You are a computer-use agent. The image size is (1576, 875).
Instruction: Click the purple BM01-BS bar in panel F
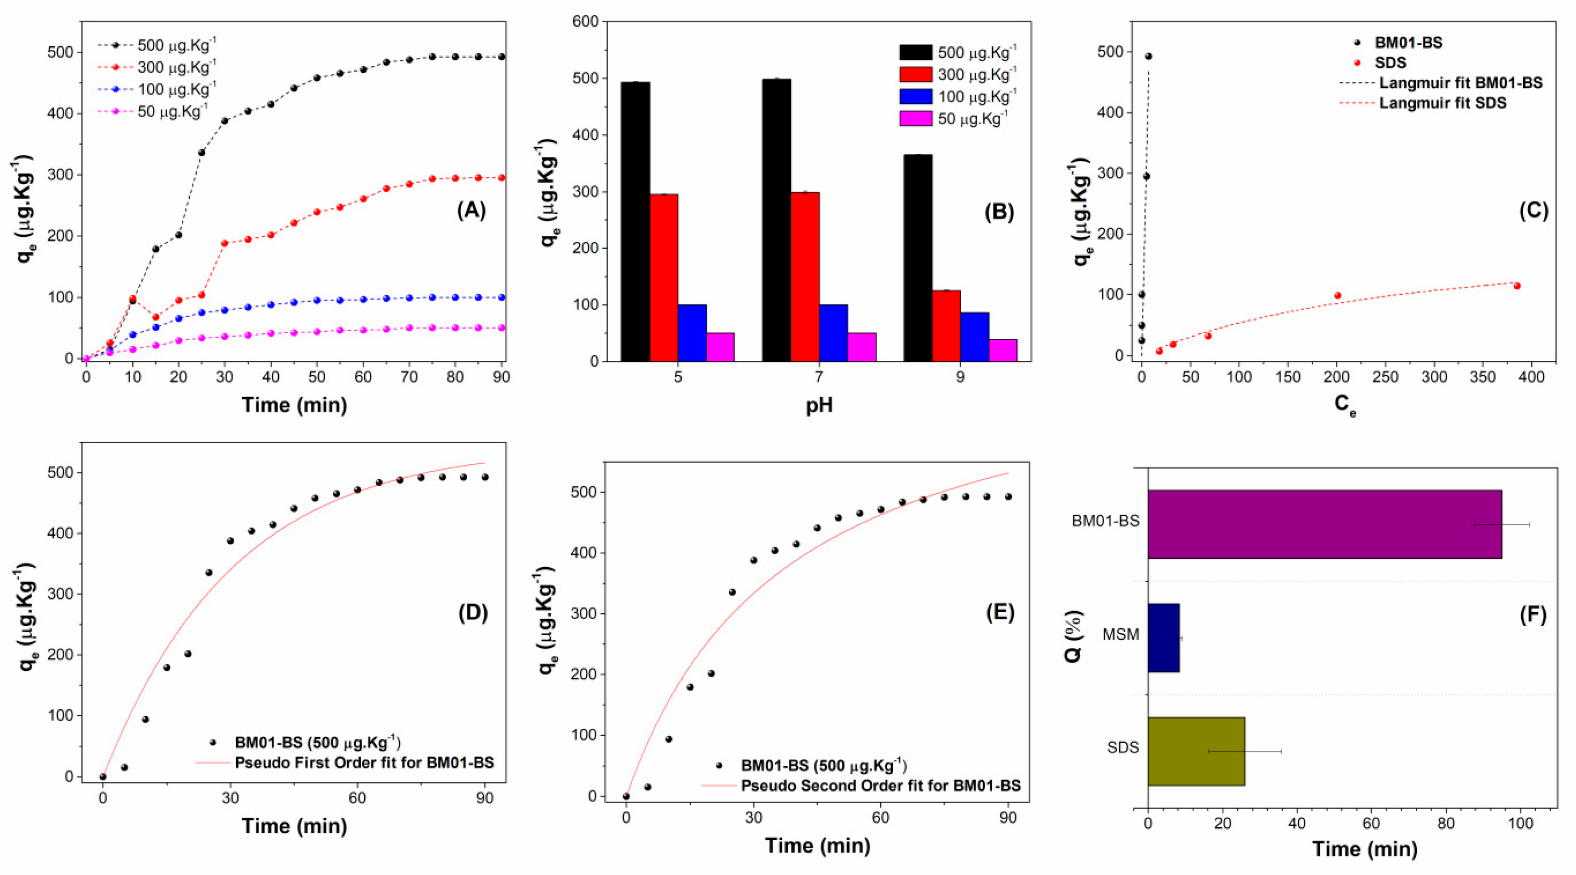coord(1324,524)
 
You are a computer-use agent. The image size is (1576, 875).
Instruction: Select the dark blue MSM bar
coord(1163,638)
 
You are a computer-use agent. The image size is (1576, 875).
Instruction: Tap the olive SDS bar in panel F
coord(1196,751)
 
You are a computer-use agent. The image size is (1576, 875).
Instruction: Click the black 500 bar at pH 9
coord(918,258)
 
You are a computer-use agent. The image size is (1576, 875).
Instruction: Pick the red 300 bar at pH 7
coord(805,276)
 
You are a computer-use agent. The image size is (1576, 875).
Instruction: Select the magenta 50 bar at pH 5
coord(720,347)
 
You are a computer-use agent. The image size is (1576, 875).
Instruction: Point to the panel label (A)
coord(471,211)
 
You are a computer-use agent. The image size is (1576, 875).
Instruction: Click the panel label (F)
coord(1533,615)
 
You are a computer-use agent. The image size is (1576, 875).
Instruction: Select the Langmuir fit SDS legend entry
coord(1442,103)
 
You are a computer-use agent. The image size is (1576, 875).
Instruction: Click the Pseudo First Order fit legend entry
coord(364,762)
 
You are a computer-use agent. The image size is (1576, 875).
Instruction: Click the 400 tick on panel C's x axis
coord(1531,377)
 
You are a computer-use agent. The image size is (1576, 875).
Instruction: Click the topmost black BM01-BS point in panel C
coord(1148,56)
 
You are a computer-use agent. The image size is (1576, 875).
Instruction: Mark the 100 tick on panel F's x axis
coord(1520,824)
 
